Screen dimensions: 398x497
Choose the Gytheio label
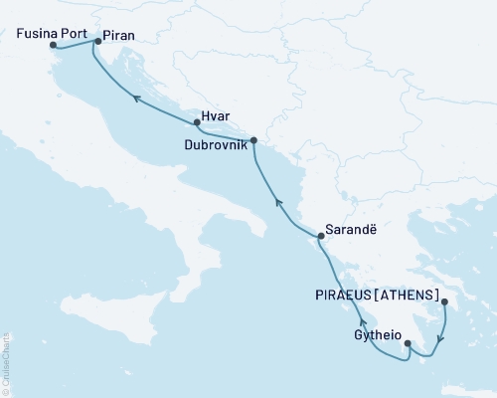[x=378, y=335]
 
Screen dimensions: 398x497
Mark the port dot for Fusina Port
[x=53, y=45]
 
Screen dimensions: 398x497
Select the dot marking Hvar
[x=197, y=123]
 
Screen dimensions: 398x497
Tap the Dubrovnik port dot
[x=253, y=140]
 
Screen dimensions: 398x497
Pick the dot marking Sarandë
[x=319, y=236]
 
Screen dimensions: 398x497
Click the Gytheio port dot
[x=407, y=345]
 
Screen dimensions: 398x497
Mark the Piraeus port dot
[x=444, y=301]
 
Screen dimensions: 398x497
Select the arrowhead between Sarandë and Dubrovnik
[x=278, y=203]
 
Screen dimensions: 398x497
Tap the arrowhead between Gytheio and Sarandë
[x=363, y=324]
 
